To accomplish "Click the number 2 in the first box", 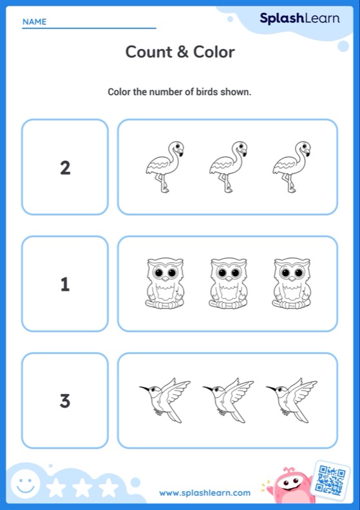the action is click(x=65, y=168).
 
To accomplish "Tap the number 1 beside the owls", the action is click(x=65, y=284).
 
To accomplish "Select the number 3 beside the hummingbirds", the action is click(x=65, y=401).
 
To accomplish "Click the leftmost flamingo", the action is click(x=165, y=167).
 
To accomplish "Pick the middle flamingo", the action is click(x=228, y=167).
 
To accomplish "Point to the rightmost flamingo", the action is click(x=292, y=167).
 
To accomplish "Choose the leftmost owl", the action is click(x=165, y=283).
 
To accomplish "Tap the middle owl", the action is click(x=228, y=283).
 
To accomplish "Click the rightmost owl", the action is click(x=292, y=283).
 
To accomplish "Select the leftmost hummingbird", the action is click(x=165, y=400).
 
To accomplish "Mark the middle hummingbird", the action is click(x=228, y=400).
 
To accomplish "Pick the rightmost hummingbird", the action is click(x=292, y=400).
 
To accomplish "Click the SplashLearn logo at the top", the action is click(x=299, y=19).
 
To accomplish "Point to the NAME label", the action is click(x=35, y=22).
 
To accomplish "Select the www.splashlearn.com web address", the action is click(x=205, y=493).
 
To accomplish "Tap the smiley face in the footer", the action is click(x=25, y=485).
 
